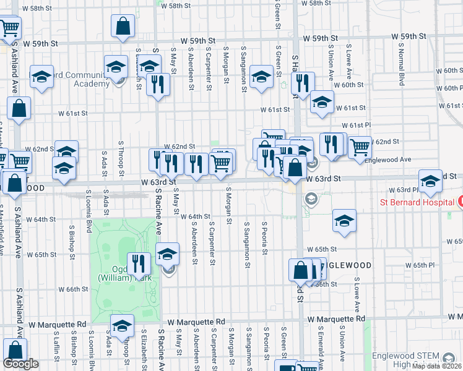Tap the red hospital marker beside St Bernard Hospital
pos(459,202)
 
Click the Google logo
pos(20,363)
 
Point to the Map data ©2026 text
pos(436,366)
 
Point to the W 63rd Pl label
pos(404,190)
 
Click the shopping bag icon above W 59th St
pos(123,26)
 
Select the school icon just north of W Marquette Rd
pos(122,325)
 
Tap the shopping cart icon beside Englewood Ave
pos(360,147)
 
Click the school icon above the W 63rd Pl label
pos(430,181)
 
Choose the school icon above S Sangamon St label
pos(261,77)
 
